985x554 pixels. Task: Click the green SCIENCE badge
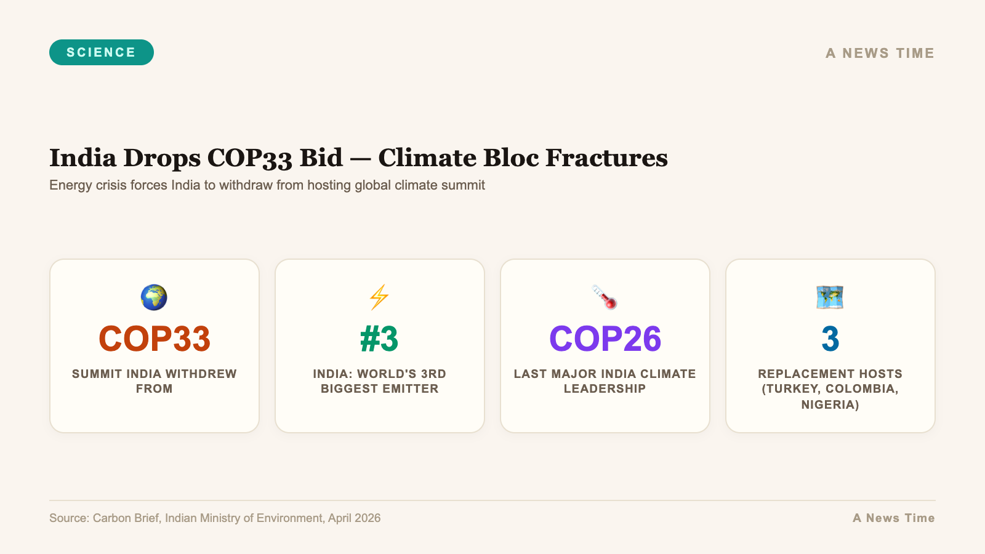coord(102,52)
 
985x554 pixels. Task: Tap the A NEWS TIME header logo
coord(880,54)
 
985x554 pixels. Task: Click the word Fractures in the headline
coord(606,158)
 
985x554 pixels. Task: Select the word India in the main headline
coord(82,158)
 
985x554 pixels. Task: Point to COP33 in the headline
coord(249,158)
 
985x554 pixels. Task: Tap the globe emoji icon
coord(154,297)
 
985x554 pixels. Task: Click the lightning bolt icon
coord(379,297)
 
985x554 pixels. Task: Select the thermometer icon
coord(605,297)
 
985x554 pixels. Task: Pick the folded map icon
coord(830,297)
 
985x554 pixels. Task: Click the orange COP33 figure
coord(155,339)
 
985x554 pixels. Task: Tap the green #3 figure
coord(379,339)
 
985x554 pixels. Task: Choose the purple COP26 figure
coord(605,339)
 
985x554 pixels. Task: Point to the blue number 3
coord(830,339)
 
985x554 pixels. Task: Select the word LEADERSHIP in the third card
coord(605,389)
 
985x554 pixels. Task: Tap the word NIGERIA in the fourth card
coord(830,405)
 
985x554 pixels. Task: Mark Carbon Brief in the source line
coord(126,518)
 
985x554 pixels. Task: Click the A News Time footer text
coord(893,518)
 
